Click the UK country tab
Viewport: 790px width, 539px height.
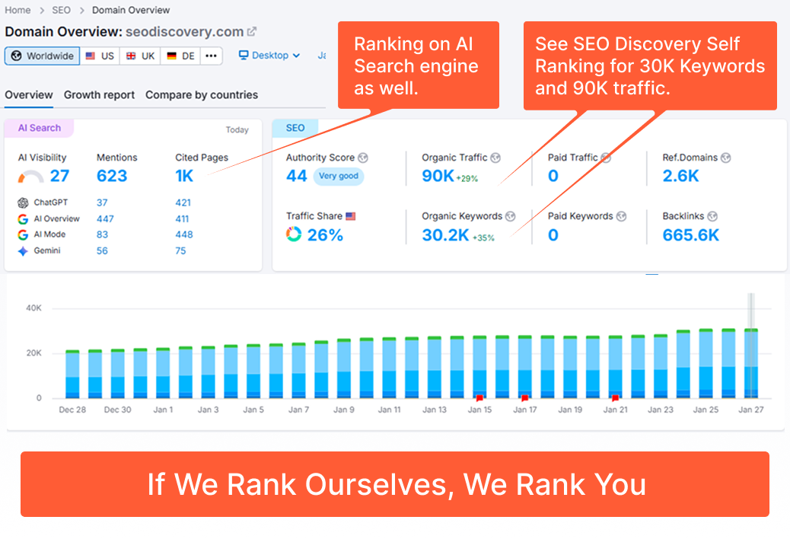(x=141, y=56)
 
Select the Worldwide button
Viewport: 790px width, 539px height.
(x=43, y=56)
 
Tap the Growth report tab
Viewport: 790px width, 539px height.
(x=99, y=95)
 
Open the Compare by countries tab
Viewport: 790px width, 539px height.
(x=202, y=95)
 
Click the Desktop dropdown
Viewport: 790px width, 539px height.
(x=269, y=56)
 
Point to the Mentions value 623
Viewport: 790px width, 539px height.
(x=112, y=176)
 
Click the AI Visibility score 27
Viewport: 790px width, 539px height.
(x=59, y=176)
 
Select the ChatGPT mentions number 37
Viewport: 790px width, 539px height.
(x=102, y=203)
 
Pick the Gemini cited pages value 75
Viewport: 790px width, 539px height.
(x=180, y=250)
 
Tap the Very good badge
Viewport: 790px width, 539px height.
(x=338, y=176)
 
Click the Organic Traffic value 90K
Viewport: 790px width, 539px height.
(x=438, y=176)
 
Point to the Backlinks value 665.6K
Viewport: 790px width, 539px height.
(x=690, y=234)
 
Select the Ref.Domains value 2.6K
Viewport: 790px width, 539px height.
(x=680, y=176)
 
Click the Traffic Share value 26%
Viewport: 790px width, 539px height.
(x=325, y=234)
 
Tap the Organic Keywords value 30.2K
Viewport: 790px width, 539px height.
(x=445, y=234)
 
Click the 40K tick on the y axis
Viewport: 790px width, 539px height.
(x=33, y=308)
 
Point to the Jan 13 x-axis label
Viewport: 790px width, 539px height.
(x=435, y=410)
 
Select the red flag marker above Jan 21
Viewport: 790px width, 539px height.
(x=615, y=397)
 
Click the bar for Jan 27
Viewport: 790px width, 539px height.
(x=751, y=363)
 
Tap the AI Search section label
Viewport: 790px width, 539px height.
(x=40, y=128)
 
